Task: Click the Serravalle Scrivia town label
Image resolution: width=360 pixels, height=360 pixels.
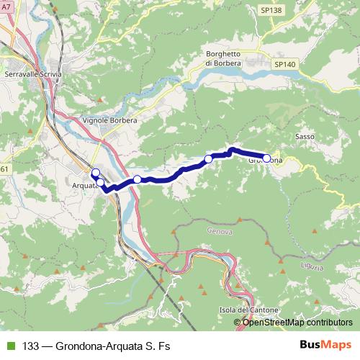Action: pos(33,73)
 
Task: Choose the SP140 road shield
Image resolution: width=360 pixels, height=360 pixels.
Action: pos(284,64)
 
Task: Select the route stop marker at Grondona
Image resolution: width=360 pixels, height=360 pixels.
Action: pos(266,158)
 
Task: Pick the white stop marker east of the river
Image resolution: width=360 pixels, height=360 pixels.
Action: pos(137,179)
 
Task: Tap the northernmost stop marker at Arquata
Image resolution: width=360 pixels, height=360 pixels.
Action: pos(94,172)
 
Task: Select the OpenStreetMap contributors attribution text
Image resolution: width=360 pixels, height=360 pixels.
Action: pos(297,322)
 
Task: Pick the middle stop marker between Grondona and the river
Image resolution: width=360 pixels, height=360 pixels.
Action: pos(208,158)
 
